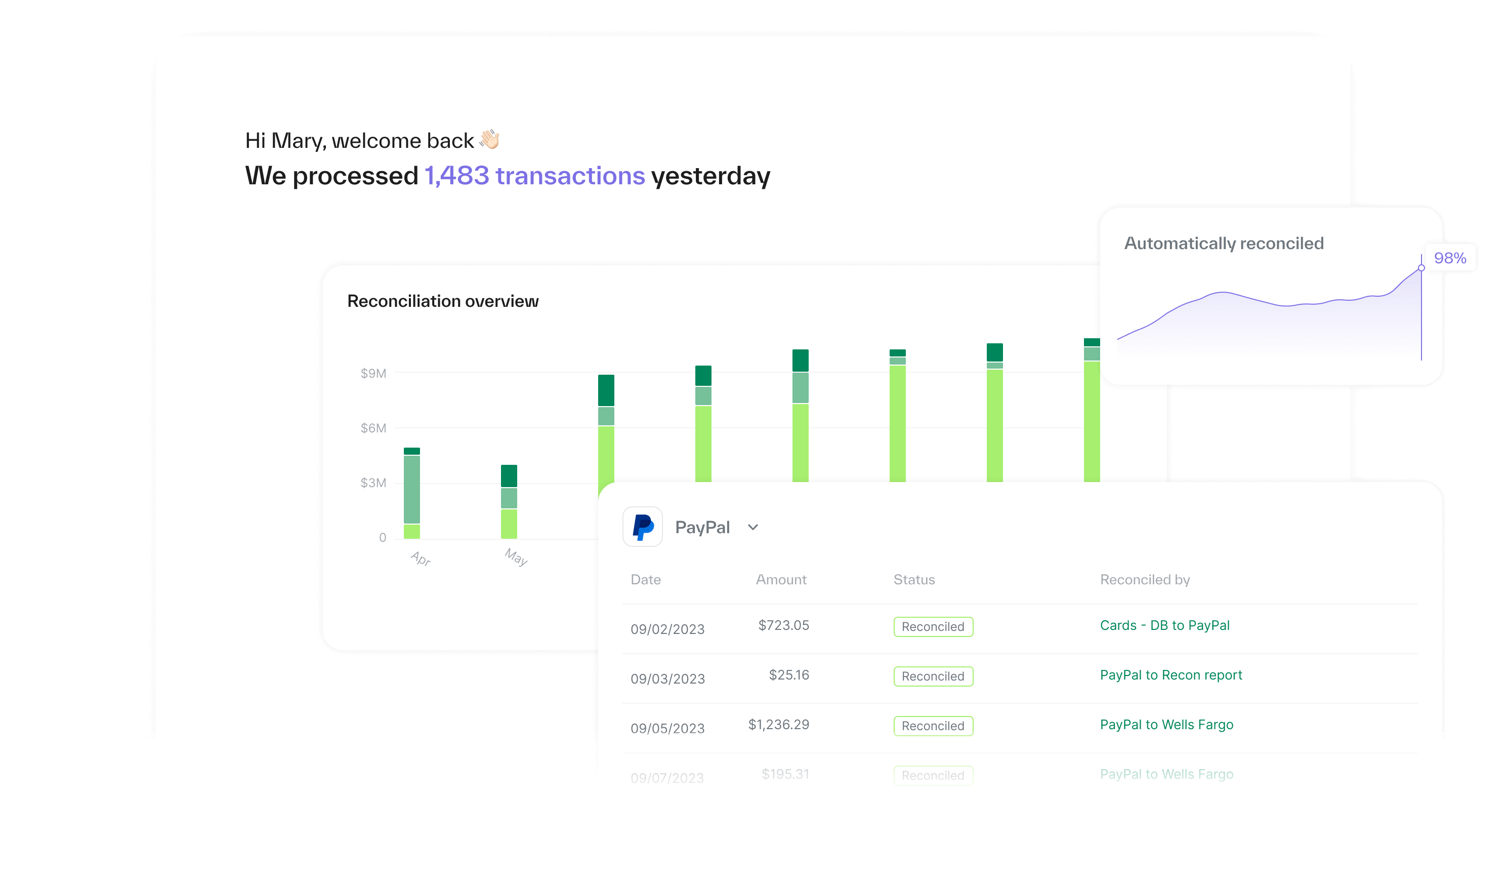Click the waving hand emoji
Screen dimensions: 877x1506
point(489,139)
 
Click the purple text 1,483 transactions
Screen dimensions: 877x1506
point(534,176)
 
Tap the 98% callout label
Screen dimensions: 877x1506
point(1450,258)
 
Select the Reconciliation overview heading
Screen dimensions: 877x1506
point(443,301)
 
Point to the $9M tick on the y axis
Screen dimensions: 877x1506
point(373,374)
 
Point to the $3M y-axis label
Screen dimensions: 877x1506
point(373,483)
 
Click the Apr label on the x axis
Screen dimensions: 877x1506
point(421,559)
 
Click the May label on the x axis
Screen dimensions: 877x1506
point(516,557)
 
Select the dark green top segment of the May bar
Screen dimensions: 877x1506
point(509,476)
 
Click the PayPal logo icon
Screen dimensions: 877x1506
point(643,527)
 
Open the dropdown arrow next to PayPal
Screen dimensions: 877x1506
point(753,527)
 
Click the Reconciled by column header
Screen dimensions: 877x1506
point(1145,579)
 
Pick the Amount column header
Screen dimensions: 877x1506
point(781,579)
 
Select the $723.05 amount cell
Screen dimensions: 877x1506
point(783,625)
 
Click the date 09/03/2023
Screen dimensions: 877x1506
point(667,679)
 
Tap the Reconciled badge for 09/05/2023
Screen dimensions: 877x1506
point(933,726)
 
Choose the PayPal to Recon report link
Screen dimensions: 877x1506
point(1170,675)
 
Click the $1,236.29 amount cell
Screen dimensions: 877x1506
point(779,725)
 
